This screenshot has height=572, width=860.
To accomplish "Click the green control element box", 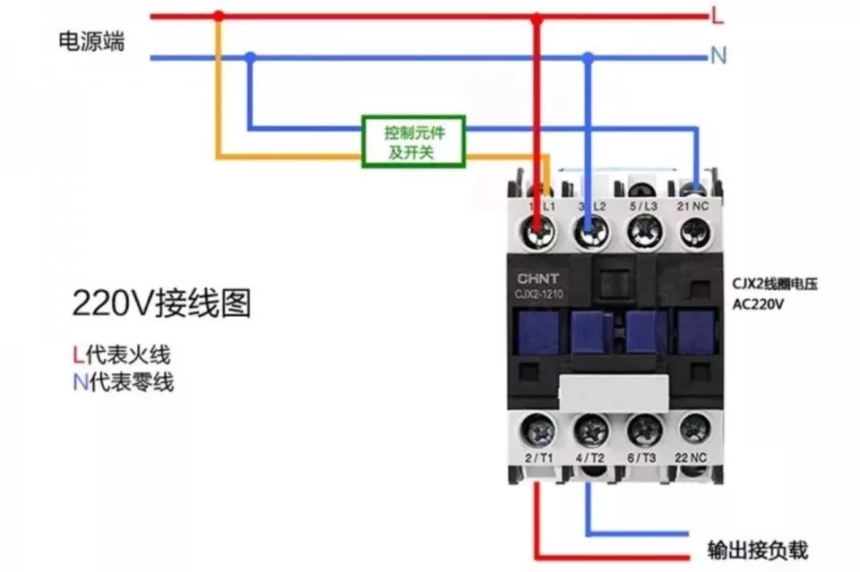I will [x=413, y=141].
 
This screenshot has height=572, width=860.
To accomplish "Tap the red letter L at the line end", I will [x=717, y=15].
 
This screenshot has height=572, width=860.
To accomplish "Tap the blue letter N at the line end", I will [x=718, y=56].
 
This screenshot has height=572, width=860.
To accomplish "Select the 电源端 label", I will [x=91, y=41].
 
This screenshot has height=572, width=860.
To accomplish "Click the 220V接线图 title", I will [x=161, y=304].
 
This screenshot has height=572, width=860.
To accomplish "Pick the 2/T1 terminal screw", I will [x=539, y=431].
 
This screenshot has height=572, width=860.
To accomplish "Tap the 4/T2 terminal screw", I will [x=590, y=431].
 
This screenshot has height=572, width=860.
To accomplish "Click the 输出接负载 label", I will [x=757, y=549].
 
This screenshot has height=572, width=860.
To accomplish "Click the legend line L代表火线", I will [x=122, y=354].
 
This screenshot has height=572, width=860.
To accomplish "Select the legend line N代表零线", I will [x=124, y=383].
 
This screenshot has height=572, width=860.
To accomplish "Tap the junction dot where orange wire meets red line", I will [x=218, y=16].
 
